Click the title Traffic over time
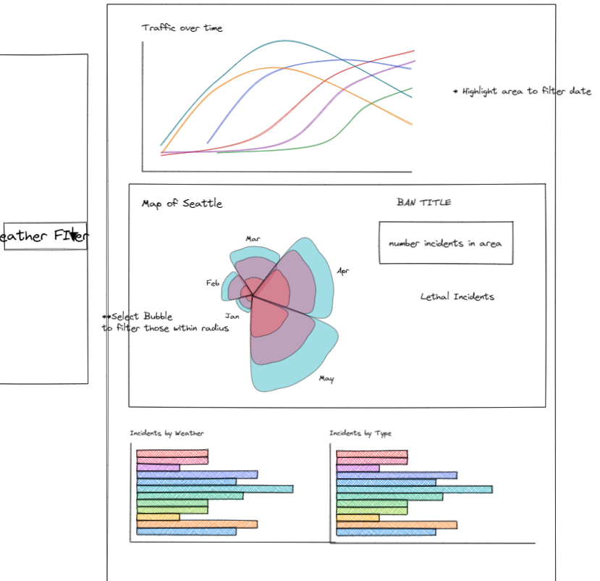(182, 28)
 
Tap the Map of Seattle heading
(182, 204)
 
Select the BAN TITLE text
(423, 202)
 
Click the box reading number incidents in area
(445, 243)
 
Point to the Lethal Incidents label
(457, 296)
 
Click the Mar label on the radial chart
(253, 238)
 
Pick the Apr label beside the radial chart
(343, 271)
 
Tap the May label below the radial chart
(326, 378)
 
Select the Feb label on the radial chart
(213, 283)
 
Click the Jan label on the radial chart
(232, 316)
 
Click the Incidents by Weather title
(166, 433)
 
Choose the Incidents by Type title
(360, 433)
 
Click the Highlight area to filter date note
(525, 92)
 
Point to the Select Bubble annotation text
(166, 322)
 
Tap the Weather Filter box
(45, 236)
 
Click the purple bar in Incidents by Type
(358, 468)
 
